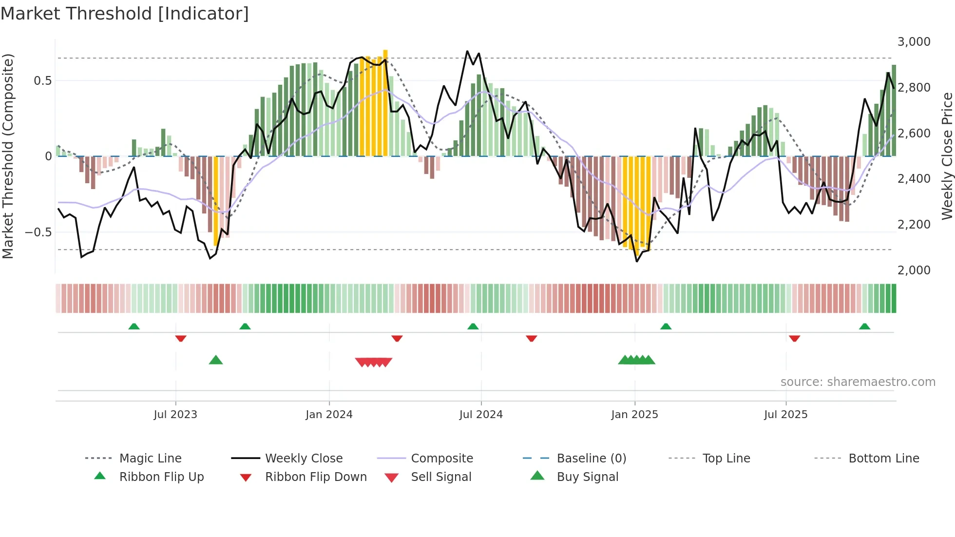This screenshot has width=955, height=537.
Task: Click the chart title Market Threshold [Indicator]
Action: coord(125,14)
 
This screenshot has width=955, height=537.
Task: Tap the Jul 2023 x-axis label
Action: coord(175,415)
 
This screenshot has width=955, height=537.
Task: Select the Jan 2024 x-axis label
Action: coord(329,415)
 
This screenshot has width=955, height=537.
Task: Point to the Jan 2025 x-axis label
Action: coord(634,415)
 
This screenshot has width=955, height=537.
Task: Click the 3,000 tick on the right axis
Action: coord(914,42)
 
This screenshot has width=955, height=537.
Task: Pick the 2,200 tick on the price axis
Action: coord(914,225)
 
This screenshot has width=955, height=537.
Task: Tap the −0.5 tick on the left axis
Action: coord(38,232)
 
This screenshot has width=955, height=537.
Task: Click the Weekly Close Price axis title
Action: coord(947,156)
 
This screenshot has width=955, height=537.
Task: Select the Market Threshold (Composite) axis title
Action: coord(8,156)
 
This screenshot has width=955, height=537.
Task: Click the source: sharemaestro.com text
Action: coord(858,382)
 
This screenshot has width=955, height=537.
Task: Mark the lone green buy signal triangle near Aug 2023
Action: coord(216,360)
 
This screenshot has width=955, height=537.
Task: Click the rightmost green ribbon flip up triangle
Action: coord(864,326)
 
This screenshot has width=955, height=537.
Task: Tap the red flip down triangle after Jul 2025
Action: coord(794,338)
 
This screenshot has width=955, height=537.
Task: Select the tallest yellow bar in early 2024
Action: coord(385,102)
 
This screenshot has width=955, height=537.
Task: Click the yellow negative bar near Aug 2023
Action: coord(216,200)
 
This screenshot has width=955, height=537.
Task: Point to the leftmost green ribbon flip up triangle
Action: coord(134,326)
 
